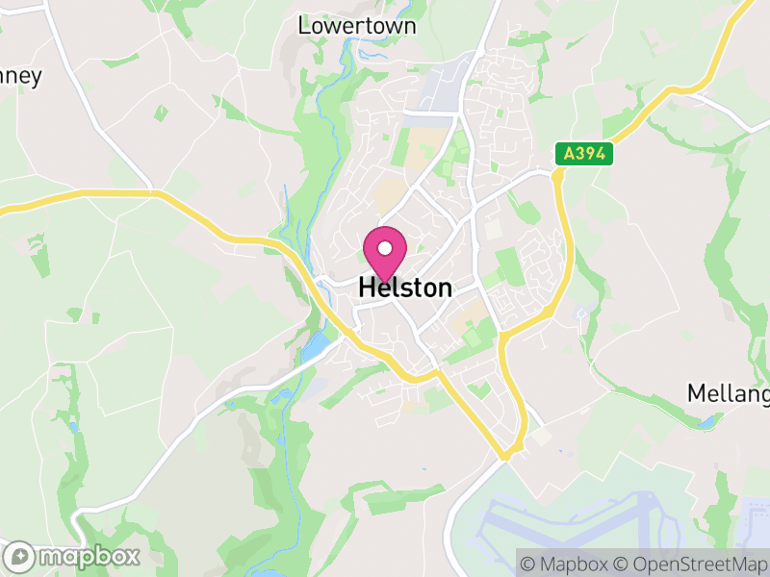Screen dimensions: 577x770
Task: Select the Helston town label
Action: pyautogui.click(x=404, y=288)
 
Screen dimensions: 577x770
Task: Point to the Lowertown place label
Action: pyautogui.click(x=357, y=26)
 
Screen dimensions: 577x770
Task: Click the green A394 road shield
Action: pyautogui.click(x=583, y=154)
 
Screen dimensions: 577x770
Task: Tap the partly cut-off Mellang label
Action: pyautogui.click(x=729, y=393)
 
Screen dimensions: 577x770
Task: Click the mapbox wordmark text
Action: pyautogui.click(x=89, y=556)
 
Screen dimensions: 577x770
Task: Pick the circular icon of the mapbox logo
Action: pyautogui.click(x=21, y=556)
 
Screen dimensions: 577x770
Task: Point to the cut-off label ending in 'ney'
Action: pyautogui.click(x=21, y=77)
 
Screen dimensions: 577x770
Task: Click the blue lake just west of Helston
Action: pyautogui.click(x=313, y=345)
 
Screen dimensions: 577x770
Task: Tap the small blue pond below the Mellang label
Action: pyautogui.click(x=707, y=421)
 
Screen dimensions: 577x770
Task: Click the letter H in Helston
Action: pyautogui.click(x=366, y=288)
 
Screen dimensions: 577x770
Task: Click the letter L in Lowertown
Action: pyautogui.click(x=304, y=26)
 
